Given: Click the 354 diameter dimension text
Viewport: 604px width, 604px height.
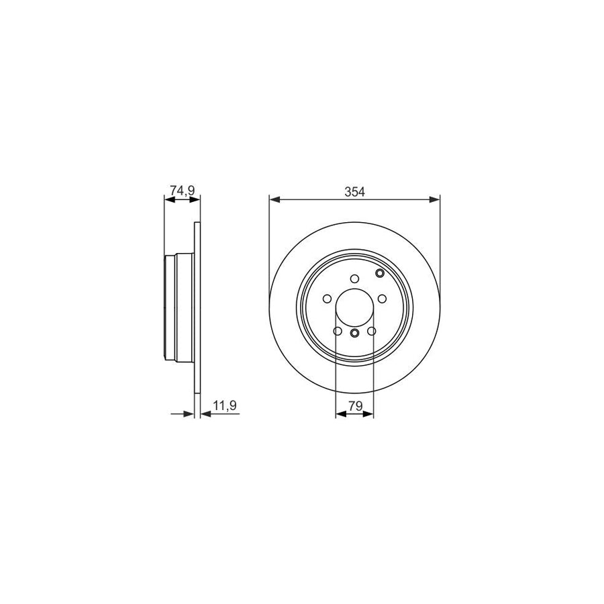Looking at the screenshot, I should pos(354,191).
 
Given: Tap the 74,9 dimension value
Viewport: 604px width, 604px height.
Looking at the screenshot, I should pos(181,191).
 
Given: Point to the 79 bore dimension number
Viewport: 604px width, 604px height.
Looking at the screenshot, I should pos(354,405).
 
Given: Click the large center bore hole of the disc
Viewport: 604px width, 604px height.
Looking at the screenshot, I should pos(354,307).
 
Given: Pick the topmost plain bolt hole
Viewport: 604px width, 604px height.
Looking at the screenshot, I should pos(354,280).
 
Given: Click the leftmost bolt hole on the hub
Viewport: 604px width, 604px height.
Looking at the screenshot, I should pos(327,299).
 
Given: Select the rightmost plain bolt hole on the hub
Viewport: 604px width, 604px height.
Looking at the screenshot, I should pos(381,299).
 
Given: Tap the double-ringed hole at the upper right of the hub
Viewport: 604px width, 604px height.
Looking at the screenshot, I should pos(381,272).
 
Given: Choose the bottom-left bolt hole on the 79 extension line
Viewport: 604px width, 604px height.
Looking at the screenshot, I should pos(337,331).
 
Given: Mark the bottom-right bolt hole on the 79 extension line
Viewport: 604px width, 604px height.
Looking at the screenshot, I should pos(371,331).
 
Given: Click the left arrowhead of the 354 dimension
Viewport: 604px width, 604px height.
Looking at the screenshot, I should pos(273,199).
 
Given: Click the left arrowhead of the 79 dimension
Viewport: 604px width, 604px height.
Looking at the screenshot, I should pos(339,414).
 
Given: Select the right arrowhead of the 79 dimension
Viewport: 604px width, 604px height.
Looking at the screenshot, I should pos(370,414).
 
